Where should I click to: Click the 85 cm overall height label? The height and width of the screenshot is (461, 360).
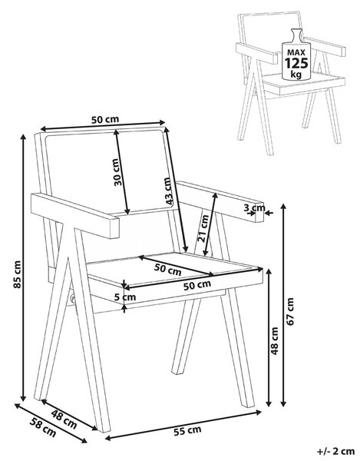tap(18, 274)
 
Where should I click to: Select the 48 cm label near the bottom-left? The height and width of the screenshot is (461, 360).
tap(64, 419)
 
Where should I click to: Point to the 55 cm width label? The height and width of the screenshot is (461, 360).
tap(187, 431)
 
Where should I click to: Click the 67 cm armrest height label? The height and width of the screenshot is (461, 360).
tap(290, 311)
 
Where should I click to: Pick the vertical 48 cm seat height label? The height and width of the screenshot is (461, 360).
tap(274, 340)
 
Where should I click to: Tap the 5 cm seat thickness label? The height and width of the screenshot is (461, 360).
tap(125, 297)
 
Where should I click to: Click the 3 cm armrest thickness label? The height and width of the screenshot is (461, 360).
tap(254, 208)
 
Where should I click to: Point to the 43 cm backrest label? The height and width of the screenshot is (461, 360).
tap(168, 191)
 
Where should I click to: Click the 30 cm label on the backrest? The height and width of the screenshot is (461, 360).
tap(117, 172)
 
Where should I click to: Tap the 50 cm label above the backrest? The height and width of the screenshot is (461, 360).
tap(105, 120)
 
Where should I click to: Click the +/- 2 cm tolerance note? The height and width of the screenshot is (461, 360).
tap(335, 451)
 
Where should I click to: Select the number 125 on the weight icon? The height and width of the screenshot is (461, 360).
tap(296, 63)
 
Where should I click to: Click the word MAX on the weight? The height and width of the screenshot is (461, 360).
tap(296, 52)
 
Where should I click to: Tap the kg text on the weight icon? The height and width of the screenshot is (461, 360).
tap(296, 74)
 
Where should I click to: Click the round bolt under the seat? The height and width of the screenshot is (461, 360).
tap(71, 300)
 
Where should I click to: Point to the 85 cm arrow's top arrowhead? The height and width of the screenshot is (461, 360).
tap(23, 137)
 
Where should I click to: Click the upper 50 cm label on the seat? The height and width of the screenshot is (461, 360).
tap(167, 270)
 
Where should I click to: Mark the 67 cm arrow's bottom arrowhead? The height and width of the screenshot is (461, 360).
tap(283, 404)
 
